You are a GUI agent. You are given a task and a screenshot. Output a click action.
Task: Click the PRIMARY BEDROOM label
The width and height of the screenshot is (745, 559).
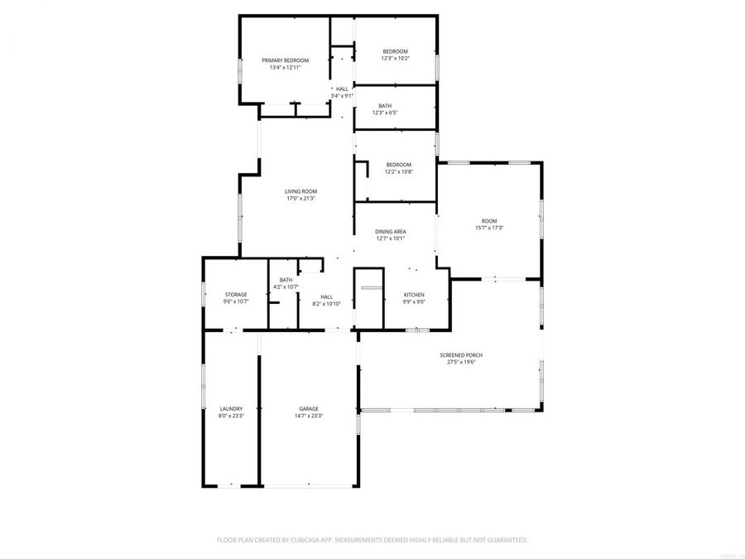(x=285, y=60)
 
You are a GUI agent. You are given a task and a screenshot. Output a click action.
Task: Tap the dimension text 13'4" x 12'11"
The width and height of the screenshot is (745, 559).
(x=285, y=68)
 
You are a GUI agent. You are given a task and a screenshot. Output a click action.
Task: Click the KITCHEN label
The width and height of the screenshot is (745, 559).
(x=414, y=295)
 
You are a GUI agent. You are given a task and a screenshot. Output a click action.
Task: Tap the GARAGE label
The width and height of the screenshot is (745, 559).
(x=309, y=408)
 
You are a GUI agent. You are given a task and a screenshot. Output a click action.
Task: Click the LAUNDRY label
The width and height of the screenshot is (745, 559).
(x=231, y=408)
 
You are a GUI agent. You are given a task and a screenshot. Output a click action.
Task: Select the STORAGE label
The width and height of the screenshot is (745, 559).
(x=236, y=295)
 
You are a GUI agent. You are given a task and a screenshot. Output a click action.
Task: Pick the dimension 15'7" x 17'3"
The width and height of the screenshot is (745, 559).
(x=489, y=228)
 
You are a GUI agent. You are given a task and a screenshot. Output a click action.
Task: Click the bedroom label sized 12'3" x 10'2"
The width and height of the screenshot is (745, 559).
(x=395, y=51)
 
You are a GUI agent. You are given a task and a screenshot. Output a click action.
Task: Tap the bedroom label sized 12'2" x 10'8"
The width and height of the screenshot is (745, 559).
(x=398, y=165)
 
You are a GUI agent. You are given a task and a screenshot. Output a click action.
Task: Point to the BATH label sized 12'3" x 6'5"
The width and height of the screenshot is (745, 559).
(x=385, y=105)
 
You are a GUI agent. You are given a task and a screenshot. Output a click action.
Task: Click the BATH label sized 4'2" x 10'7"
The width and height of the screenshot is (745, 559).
(x=286, y=280)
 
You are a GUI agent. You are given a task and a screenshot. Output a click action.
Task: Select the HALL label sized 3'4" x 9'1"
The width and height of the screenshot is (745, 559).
(x=342, y=89)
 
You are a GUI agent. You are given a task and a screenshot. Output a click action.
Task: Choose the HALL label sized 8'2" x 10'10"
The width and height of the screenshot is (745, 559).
(x=326, y=297)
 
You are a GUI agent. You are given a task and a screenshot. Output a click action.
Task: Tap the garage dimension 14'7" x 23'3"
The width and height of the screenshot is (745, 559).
(x=309, y=416)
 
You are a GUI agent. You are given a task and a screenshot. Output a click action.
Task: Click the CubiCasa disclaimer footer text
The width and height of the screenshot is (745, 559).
(x=372, y=539)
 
